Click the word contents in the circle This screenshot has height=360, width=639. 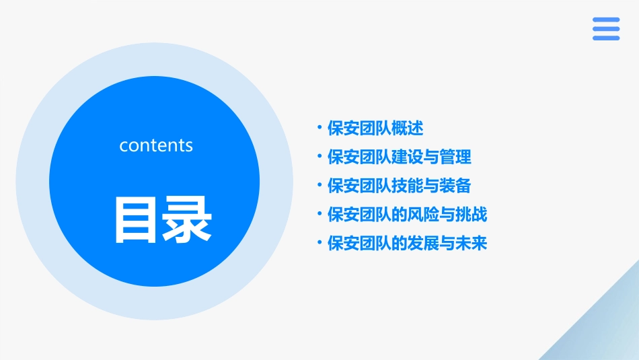click(x=156, y=145)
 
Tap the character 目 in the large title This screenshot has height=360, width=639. click(x=137, y=219)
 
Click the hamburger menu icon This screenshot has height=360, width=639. click(x=606, y=29)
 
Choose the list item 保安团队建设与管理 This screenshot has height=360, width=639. click(x=399, y=157)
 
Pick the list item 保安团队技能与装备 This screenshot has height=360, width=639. click(x=399, y=186)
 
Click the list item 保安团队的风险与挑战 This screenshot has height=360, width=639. click(x=407, y=215)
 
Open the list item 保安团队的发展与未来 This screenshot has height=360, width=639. click(x=407, y=243)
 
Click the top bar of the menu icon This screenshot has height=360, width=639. click(x=606, y=20)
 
